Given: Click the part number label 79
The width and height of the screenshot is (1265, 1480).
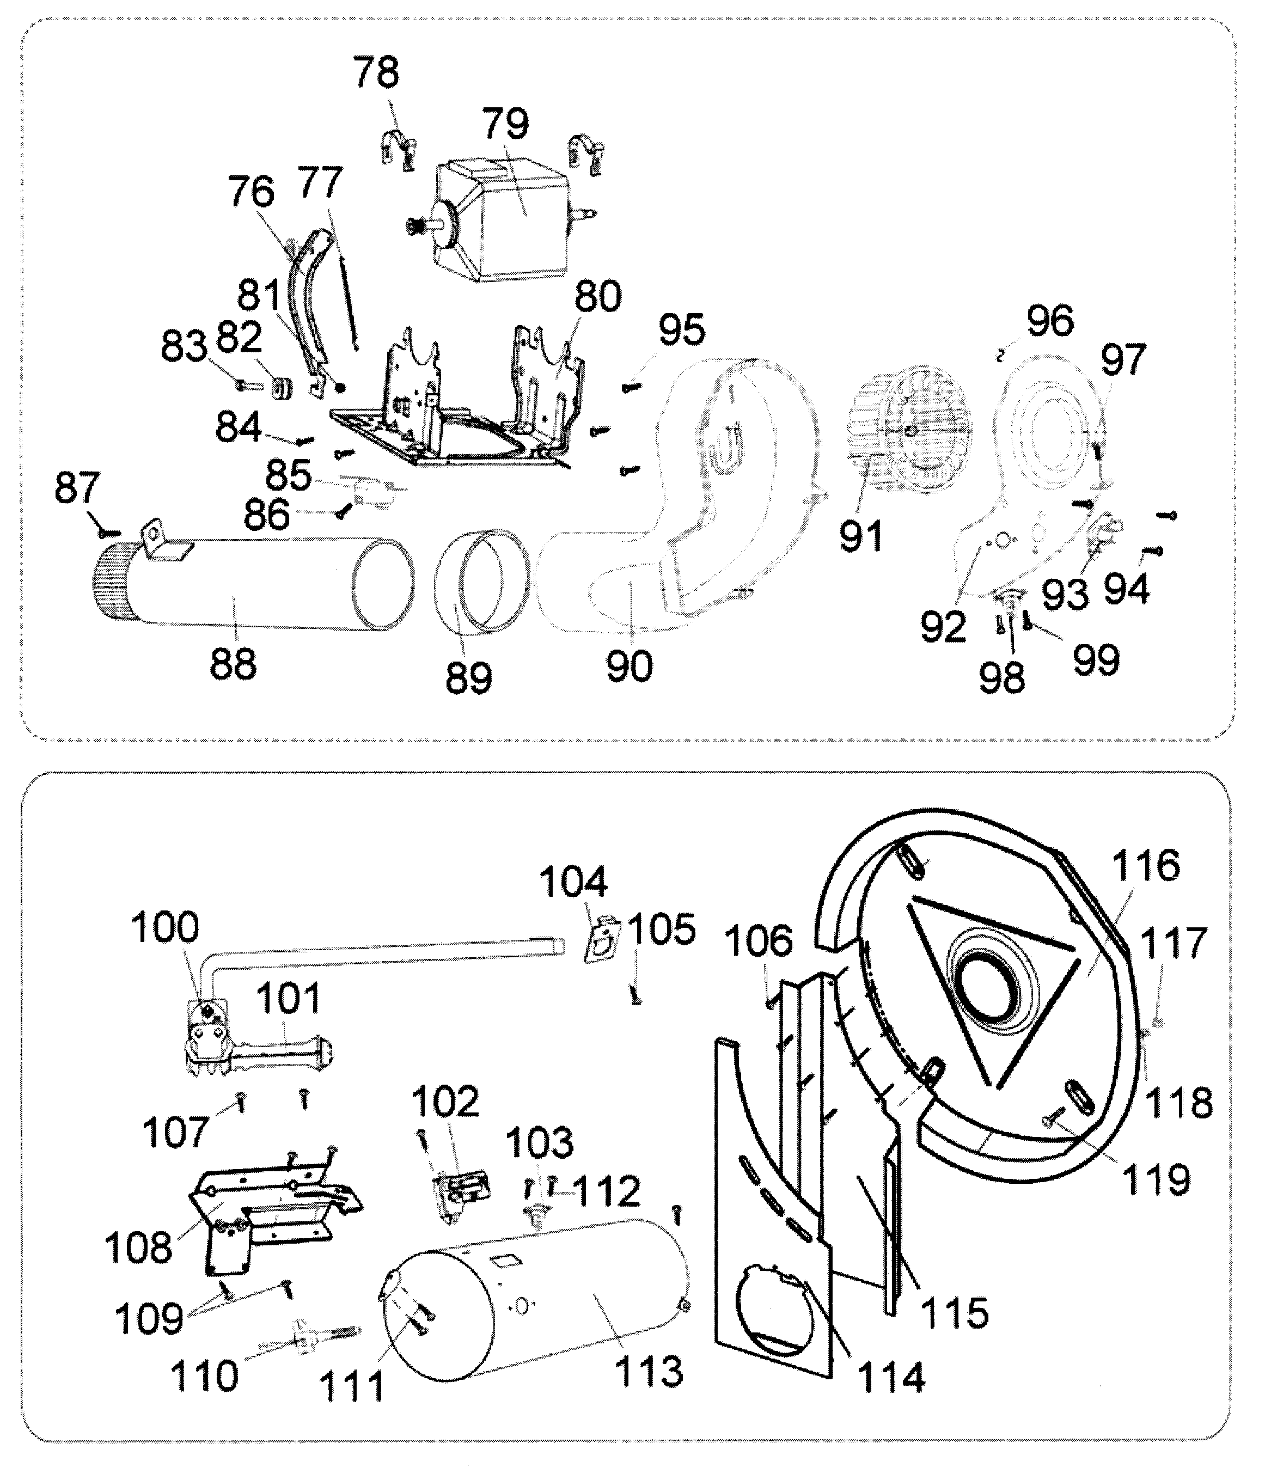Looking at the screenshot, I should (x=506, y=124).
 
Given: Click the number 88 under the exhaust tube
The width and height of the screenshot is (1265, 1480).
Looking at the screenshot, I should (x=233, y=664).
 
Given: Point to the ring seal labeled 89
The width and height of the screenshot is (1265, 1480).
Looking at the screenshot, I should (x=480, y=582).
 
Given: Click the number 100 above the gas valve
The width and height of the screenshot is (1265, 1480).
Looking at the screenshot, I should (x=164, y=928).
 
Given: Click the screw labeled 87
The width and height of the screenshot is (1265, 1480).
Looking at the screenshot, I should (x=111, y=531).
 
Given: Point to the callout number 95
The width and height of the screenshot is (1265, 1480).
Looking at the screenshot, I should (x=681, y=330).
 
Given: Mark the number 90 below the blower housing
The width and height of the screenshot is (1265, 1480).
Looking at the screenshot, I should (x=630, y=666).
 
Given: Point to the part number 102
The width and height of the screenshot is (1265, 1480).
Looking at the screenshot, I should (x=444, y=1102).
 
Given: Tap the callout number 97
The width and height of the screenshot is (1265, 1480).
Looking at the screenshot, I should (x=1123, y=359).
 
